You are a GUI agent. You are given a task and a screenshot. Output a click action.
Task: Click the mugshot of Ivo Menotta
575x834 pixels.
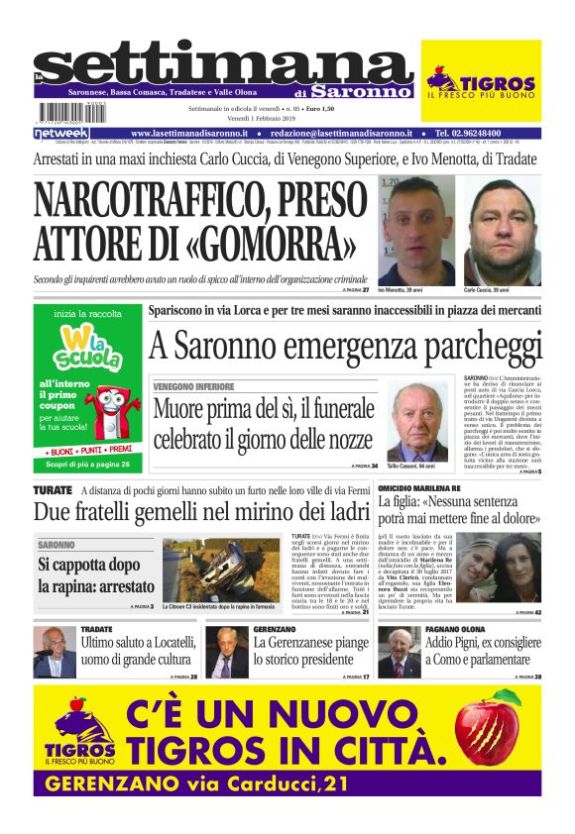tap(407, 231)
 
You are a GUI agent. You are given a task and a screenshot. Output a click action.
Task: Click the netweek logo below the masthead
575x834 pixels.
tap(61, 132)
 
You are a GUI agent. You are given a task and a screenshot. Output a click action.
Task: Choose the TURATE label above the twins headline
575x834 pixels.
tap(52, 490)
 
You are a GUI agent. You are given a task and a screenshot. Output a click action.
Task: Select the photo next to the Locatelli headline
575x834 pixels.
tap(55, 652)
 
